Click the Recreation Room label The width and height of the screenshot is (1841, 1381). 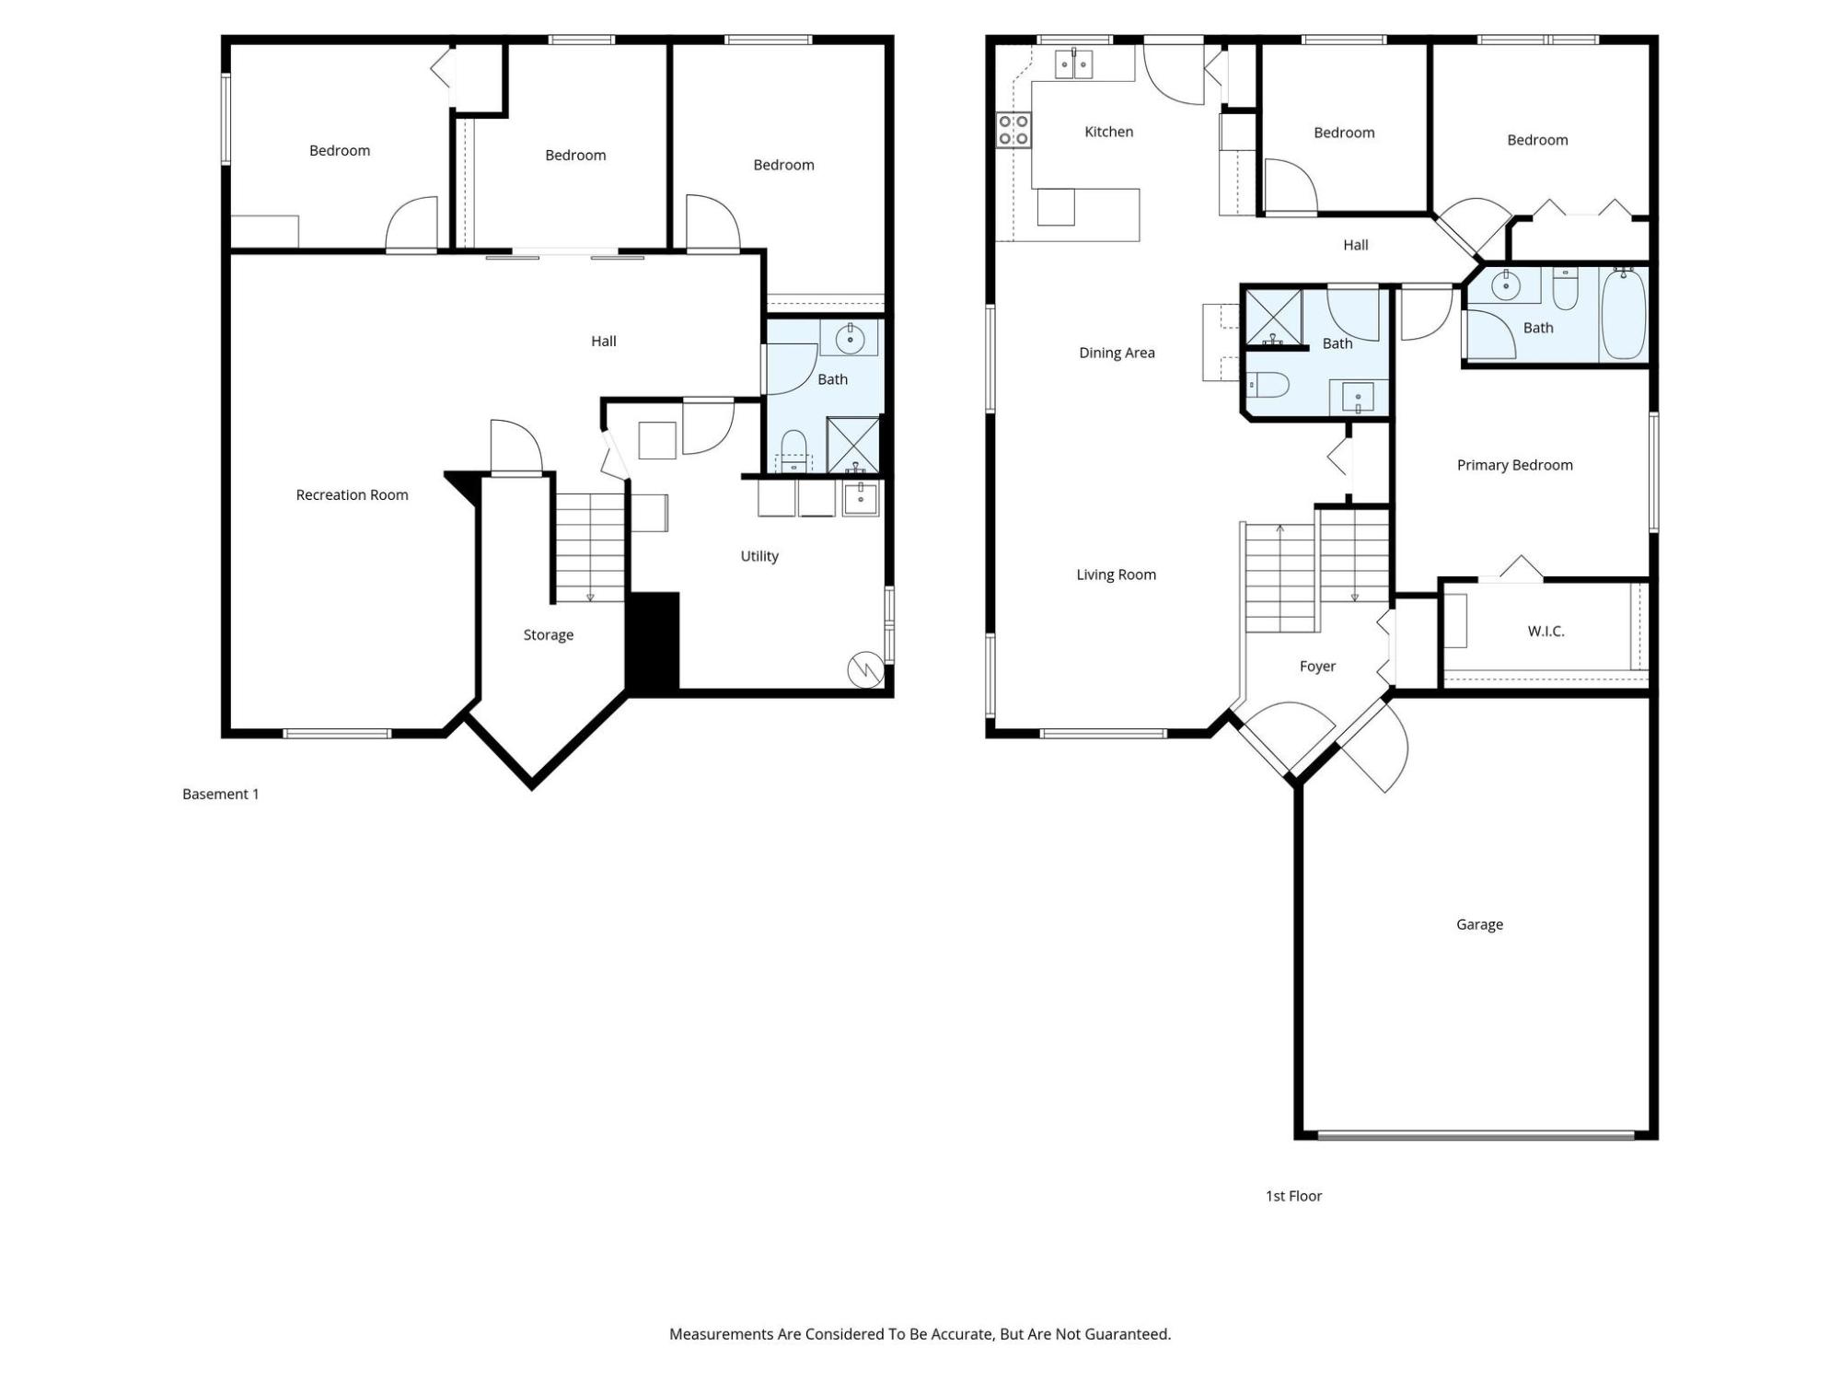coord(352,495)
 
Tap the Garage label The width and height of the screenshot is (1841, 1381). coord(1479,924)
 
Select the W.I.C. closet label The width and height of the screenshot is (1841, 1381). coord(1546,632)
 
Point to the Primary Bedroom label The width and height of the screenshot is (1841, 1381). coord(1514,466)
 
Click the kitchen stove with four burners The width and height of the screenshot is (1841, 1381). coord(1013,130)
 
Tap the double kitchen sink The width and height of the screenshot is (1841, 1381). coord(1073,64)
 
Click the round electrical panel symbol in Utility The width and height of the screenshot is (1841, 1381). coord(865,670)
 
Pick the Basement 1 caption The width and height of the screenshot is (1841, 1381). coord(221,795)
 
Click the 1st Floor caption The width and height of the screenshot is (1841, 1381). coord(1293,1196)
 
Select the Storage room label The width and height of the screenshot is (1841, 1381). coord(549,635)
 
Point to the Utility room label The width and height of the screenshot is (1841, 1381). coord(759,556)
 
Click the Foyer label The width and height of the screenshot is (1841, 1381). coord(1317,667)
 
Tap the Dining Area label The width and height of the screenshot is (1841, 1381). coord(1117,353)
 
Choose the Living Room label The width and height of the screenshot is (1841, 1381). coord(1117,575)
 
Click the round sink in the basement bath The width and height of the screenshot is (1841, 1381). coord(850,339)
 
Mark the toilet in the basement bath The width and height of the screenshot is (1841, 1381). coord(793,451)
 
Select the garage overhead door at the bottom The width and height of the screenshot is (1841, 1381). coord(1476,1135)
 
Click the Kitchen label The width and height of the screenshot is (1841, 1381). coord(1108,132)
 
